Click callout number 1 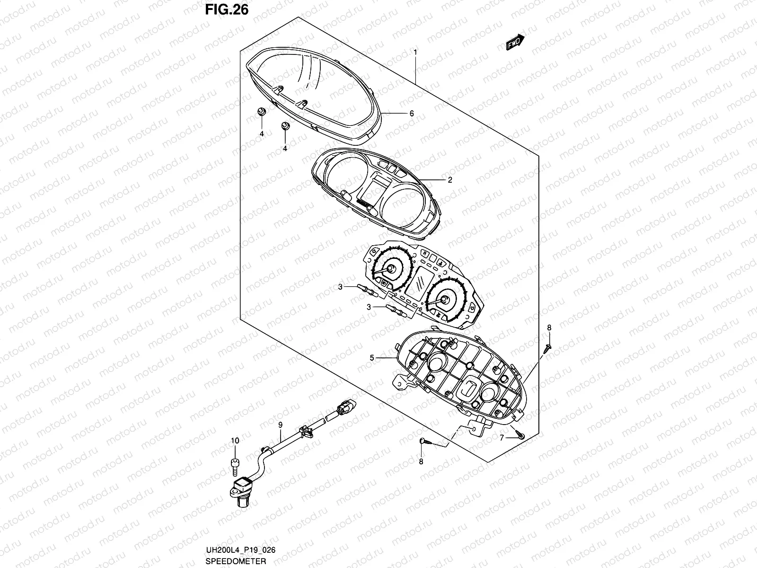coord(415,51)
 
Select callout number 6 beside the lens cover coord(412,114)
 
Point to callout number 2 coord(450,180)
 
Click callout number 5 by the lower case coord(372,358)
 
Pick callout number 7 coord(502,438)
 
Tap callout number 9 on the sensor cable coord(280,425)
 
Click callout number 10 coord(235,441)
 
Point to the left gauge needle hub coord(391,269)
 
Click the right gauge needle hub coord(445,299)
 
